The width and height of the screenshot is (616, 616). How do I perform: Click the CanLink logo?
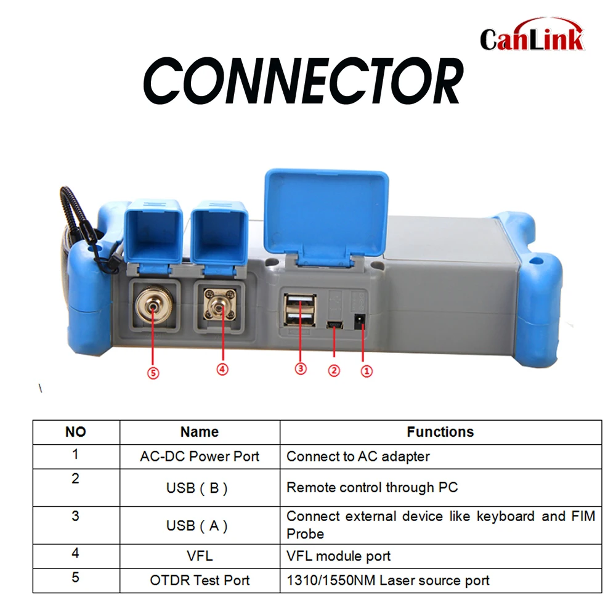[531, 38]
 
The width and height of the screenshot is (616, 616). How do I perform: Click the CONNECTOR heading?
[302, 81]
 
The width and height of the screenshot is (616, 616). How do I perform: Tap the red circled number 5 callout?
[153, 373]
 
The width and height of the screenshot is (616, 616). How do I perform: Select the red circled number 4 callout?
[222, 369]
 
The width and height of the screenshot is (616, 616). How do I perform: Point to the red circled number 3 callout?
[301, 368]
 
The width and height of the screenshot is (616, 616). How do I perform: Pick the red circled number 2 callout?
[334, 371]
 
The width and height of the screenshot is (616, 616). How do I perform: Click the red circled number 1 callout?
[366, 371]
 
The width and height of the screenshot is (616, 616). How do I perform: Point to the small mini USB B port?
[334, 323]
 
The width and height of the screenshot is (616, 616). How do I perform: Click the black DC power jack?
[361, 320]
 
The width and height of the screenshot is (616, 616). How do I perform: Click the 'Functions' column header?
[440, 432]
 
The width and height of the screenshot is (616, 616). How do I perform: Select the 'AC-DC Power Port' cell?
[200, 456]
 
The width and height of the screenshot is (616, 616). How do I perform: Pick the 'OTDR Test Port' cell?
[200, 580]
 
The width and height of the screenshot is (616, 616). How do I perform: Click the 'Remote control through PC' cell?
[372, 487]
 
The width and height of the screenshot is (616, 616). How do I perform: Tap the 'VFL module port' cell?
[339, 556]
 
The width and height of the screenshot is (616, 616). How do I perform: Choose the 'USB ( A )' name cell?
[200, 525]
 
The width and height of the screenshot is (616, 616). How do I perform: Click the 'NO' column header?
[76, 432]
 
